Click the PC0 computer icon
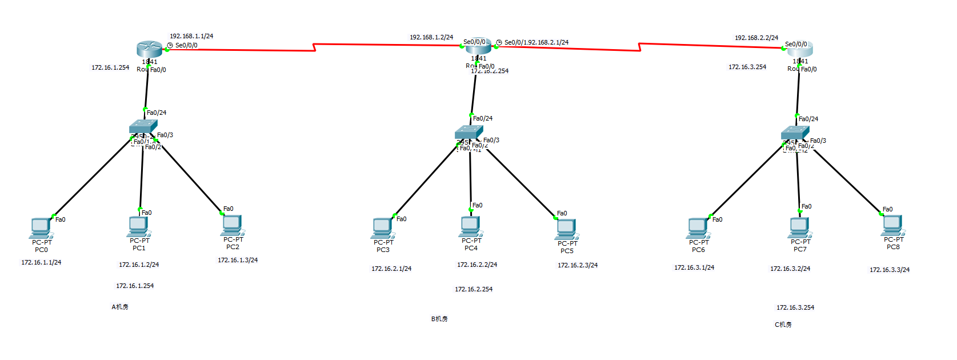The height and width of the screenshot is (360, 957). (x=41, y=227)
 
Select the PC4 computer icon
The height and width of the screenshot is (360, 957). (x=470, y=226)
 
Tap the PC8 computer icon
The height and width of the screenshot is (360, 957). (x=892, y=225)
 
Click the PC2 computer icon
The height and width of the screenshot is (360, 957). (x=232, y=225)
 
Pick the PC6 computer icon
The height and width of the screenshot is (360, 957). (x=698, y=227)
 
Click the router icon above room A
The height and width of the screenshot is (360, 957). (x=150, y=49)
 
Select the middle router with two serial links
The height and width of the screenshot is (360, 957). (x=479, y=47)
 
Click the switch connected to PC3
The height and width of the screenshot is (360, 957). (x=469, y=133)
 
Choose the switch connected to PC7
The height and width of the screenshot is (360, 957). (x=795, y=133)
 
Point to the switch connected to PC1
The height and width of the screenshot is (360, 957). (x=143, y=127)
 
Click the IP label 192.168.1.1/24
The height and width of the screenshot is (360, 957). (x=191, y=36)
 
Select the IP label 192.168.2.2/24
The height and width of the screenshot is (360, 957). (x=756, y=38)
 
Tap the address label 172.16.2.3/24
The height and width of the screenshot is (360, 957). (x=578, y=265)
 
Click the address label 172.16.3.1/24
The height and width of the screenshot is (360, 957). (x=694, y=267)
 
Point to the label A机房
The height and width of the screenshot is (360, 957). (x=120, y=307)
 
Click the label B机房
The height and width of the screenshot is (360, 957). (x=439, y=319)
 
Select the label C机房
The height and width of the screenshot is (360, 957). (x=783, y=325)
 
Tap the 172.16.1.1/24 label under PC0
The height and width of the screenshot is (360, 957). (x=41, y=262)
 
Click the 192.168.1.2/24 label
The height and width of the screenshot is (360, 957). (x=431, y=37)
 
